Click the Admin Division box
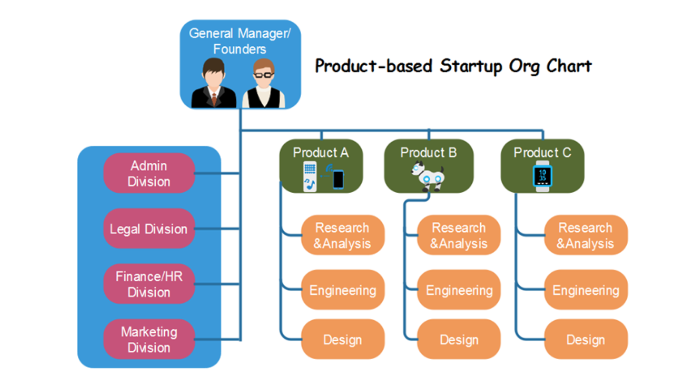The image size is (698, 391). [x=149, y=173]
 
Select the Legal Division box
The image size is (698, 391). [x=149, y=229]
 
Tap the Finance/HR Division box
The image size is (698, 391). [x=149, y=284]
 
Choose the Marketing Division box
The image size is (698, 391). [x=149, y=339]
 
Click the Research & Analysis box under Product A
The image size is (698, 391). [x=342, y=235]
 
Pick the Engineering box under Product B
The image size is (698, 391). [x=459, y=290]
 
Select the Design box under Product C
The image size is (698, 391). [x=586, y=339]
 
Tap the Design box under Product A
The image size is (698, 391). [x=342, y=339]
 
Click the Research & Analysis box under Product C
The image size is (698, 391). [x=586, y=235]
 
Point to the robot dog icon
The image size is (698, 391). [x=428, y=176]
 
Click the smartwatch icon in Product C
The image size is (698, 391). [x=543, y=176]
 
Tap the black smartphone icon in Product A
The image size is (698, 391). [x=338, y=180]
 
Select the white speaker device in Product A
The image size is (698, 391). [x=310, y=176]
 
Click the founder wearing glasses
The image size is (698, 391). [x=264, y=83]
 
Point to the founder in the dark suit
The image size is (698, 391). [x=214, y=83]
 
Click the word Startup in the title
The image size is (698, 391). [x=471, y=67]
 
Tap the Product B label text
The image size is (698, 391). [x=428, y=153]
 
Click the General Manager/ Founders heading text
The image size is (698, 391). [x=240, y=41]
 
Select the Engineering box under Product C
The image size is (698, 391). [x=586, y=290]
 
